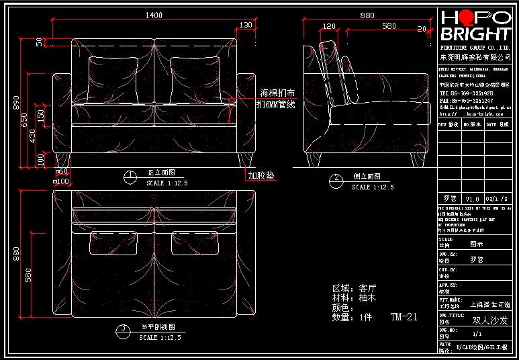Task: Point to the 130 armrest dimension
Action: pos(246,25)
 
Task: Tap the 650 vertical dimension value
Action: pos(24,120)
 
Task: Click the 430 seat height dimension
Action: pos(32,134)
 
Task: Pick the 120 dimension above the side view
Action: pos(329,26)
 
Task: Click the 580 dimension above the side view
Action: pos(388,26)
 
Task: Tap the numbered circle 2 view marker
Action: pos(336,180)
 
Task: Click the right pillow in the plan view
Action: pos(192,244)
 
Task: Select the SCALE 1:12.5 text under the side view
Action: pos(373,187)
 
